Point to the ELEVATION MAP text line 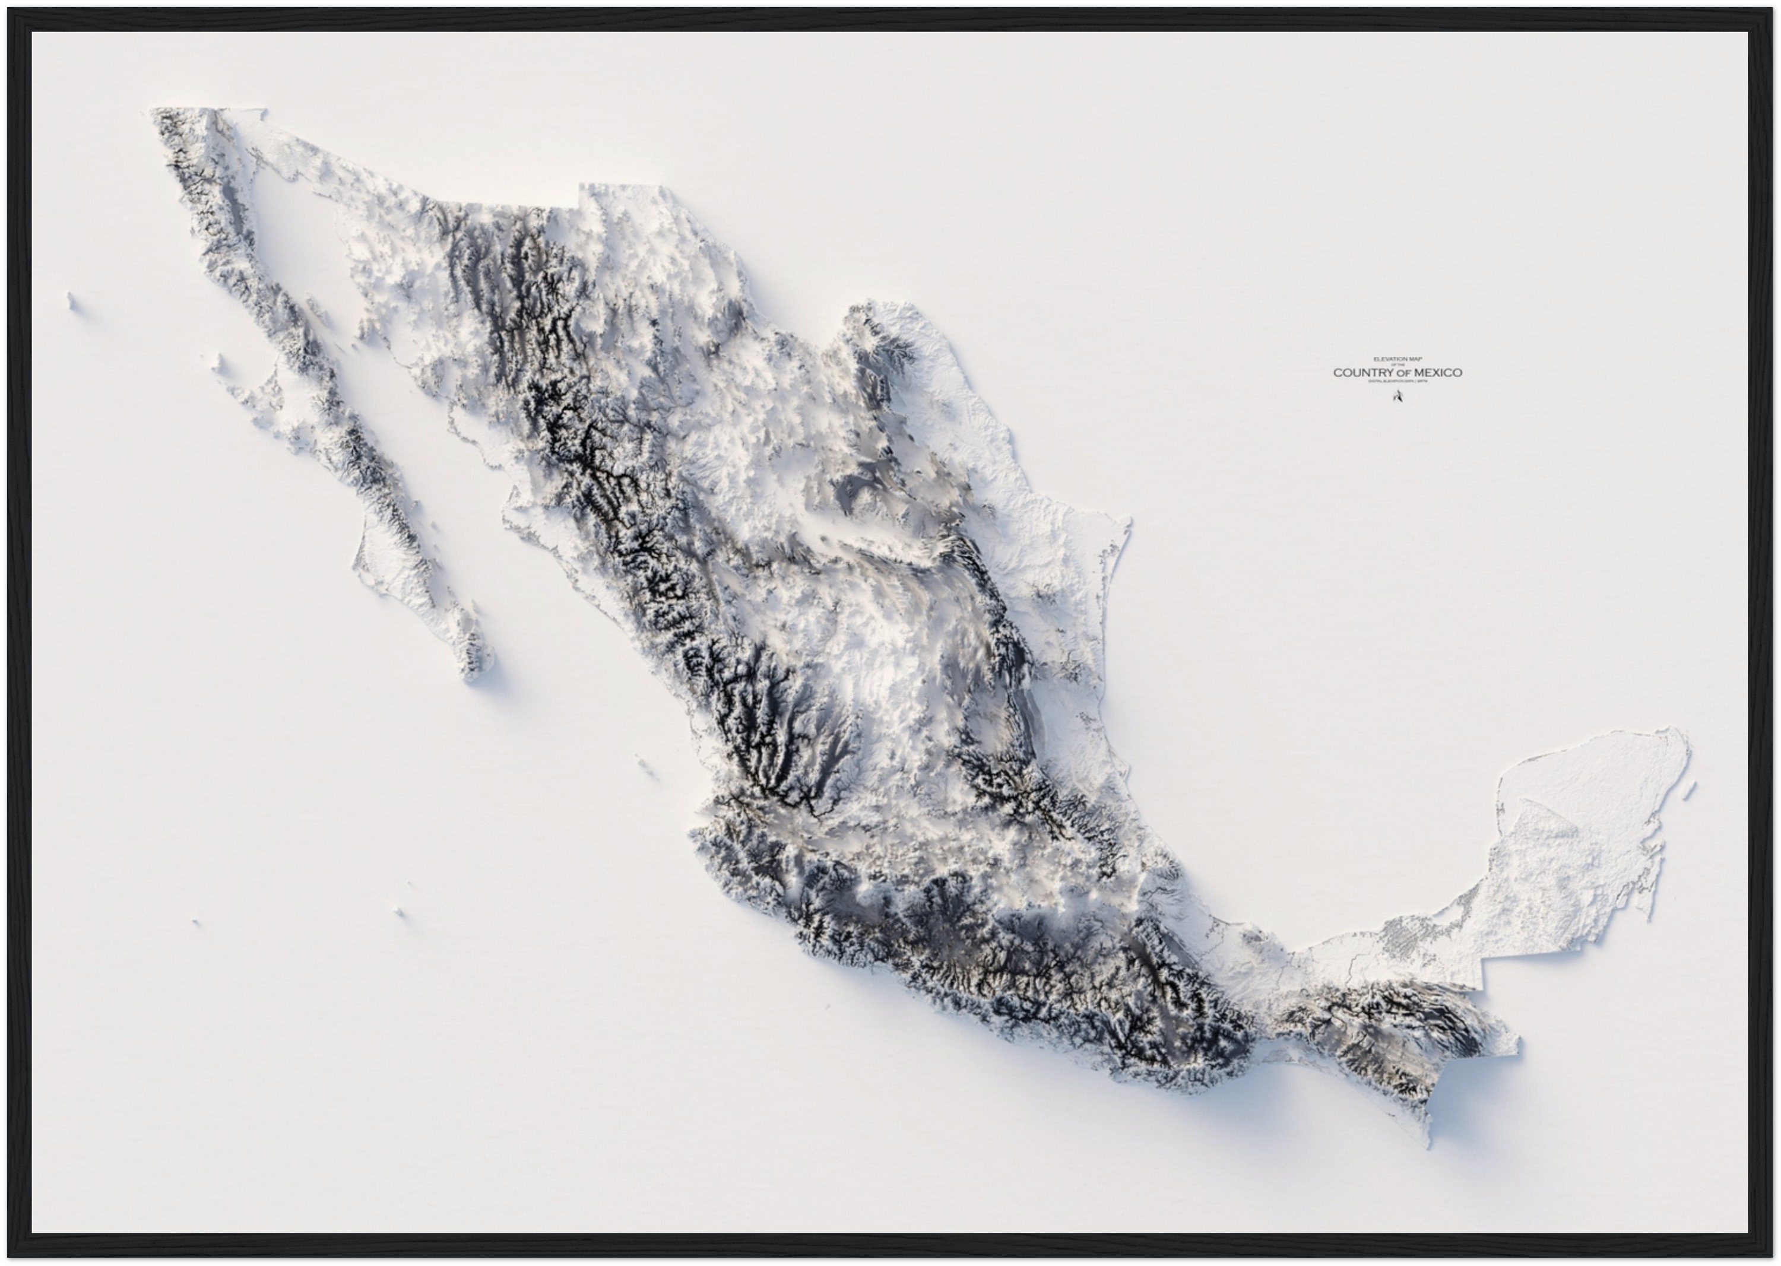1397,358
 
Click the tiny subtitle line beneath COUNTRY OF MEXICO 1397,381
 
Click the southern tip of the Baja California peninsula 473,677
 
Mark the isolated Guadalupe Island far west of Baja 72,301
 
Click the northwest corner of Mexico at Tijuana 153,110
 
